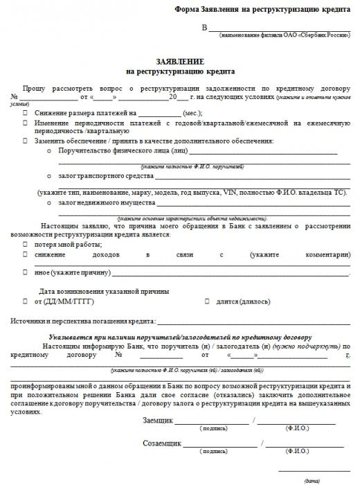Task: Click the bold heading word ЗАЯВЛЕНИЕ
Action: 180,61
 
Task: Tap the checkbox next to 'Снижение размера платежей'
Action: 26,112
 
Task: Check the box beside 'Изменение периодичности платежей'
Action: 26,122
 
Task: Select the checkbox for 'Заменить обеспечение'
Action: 26,141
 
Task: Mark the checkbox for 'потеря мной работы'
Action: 26,245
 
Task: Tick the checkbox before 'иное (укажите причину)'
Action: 26,273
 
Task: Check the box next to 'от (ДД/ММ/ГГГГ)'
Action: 26,302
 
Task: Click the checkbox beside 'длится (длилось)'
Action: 207,302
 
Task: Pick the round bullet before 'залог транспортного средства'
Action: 49,177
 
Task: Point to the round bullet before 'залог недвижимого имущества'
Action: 49,203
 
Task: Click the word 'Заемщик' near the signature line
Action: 157,421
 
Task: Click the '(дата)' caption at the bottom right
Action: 312,480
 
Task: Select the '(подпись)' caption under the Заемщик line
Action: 213,429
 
